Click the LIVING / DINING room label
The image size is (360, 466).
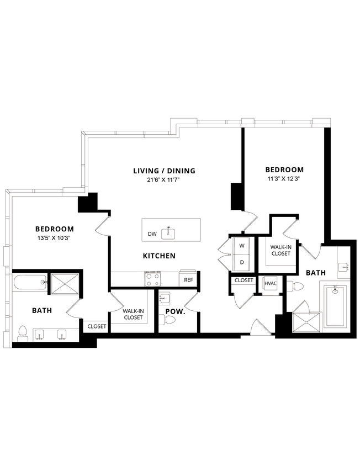click(x=164, y=171)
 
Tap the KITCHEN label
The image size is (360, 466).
click(x=159, y=256)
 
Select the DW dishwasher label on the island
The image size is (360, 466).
click(x=152, y=234)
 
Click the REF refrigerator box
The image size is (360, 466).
click(x=188, y=280)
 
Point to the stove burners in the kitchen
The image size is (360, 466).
click(x=153, y=279)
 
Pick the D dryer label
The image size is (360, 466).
click(x=241, y=262)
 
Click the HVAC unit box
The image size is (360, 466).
click(x=271, y=283)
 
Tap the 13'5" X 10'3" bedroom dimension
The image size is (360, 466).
click(x=54, y=238)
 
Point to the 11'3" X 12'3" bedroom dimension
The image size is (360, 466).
click(x=284, y=179)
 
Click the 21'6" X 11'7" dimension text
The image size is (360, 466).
click(x=164, y=180)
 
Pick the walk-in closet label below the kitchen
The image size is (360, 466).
click(x=133, y=314)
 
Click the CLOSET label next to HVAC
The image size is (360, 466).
click(x=243, y=280)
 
